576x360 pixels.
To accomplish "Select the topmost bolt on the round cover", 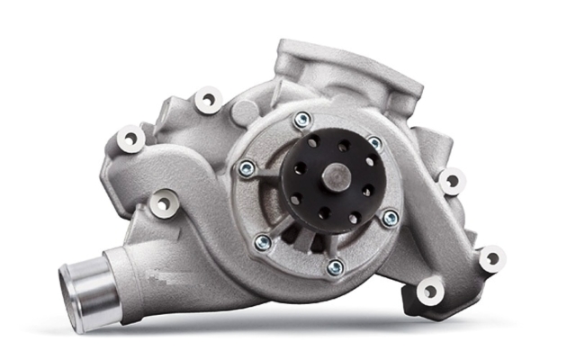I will point(302,118).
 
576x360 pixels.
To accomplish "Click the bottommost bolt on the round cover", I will point(335,267).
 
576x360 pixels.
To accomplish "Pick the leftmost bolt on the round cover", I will point(247,167).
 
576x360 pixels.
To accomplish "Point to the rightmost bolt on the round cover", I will point(390,217).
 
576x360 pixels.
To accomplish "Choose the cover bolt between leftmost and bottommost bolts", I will point(263,241).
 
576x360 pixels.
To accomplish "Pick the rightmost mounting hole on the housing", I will point(491,258).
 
